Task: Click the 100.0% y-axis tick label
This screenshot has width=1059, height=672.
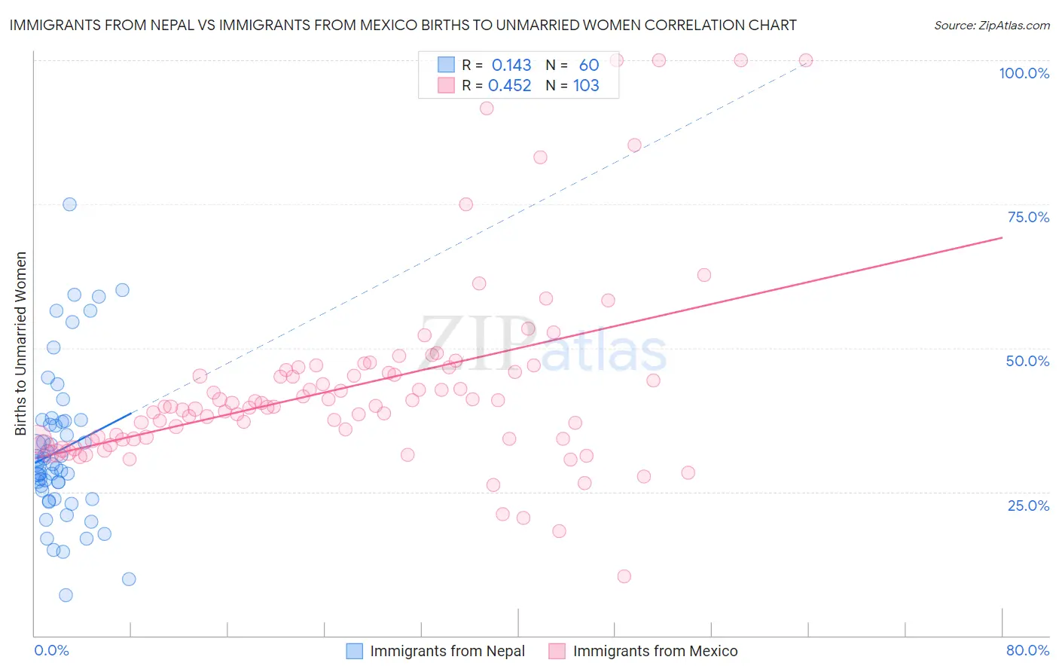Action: click(x=1024, y=73)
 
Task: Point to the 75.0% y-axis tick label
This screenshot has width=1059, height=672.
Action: click(x=1028, y=217)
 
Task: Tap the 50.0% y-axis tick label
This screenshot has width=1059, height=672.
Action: click(x=1027, y=361)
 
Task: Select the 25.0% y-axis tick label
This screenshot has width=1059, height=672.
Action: click(x=1028, y=506)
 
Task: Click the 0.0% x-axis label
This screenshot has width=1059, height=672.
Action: click(x=51, y=650)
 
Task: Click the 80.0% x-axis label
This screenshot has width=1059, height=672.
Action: click(x=1027, y=650)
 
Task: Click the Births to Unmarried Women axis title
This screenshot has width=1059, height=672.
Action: click(x=20, y=344)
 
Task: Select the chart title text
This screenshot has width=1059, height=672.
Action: click(x=402, y=25)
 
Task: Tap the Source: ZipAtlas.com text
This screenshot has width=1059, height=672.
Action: click(x=991, y=25)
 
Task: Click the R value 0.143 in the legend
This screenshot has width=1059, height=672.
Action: click(x=511, y=66)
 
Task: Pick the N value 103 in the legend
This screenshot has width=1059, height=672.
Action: click(x=586, y=86)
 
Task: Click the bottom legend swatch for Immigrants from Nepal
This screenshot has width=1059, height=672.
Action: click(x=355, y=651)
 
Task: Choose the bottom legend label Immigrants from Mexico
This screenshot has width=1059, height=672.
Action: click(x=655, y=651)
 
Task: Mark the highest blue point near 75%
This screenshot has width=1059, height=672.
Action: click(x=69, y=204)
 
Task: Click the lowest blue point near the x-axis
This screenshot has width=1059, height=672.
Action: click(x=66, y=595)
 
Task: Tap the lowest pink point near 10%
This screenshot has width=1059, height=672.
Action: click(x=624, y=576)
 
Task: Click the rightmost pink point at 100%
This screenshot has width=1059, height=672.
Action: click(x=806, y=60)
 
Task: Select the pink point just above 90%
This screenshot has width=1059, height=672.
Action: click(x=487, y=108)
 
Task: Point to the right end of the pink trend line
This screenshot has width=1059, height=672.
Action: click(x=1002, y=237)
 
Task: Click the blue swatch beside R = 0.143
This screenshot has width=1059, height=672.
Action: click(x=447, y=66)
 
